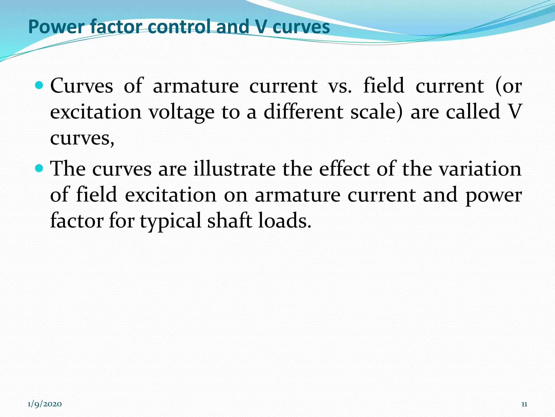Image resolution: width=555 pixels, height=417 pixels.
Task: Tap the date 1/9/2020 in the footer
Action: (45, 404)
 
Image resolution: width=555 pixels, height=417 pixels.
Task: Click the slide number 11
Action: (524, 404)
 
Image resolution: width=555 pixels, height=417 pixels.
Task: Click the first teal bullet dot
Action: (40, 86)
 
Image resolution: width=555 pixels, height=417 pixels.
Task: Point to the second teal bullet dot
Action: (40, 169)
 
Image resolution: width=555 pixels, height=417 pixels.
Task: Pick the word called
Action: (473, 112)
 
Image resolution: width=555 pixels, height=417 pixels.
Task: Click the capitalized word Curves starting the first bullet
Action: (82, 86)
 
